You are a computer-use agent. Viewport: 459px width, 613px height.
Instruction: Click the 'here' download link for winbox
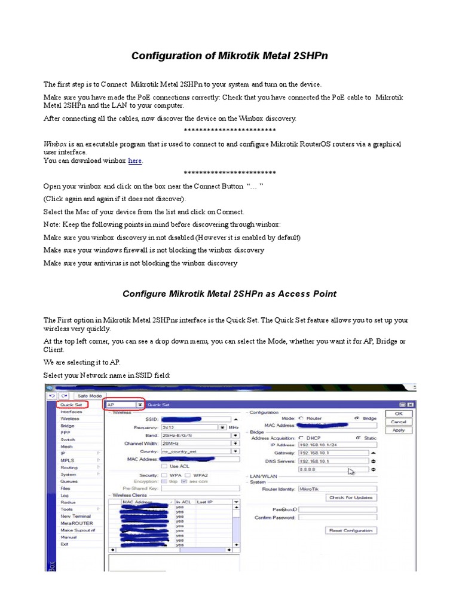point(135,160)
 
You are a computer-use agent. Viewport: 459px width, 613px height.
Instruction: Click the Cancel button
point(398,421)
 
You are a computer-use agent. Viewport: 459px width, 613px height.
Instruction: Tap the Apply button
point(398,430)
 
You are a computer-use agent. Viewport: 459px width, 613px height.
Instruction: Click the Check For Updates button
point(351,497)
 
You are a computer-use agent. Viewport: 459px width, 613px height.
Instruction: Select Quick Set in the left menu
point(72,405)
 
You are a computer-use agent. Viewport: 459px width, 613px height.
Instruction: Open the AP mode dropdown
point(140,405)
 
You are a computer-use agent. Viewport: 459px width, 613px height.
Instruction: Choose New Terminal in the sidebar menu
point(75,516)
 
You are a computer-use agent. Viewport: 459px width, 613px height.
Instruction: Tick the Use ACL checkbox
point(164,466)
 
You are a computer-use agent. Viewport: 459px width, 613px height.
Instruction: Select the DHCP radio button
point(302,438)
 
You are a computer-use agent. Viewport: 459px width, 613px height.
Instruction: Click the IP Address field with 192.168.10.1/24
point(332,445)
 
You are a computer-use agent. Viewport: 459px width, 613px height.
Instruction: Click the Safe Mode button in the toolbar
point(87,396)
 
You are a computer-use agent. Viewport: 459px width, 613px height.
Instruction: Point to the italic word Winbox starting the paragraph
point(54,144)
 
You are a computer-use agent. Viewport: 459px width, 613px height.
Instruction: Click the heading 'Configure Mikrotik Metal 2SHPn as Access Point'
point(229,294)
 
